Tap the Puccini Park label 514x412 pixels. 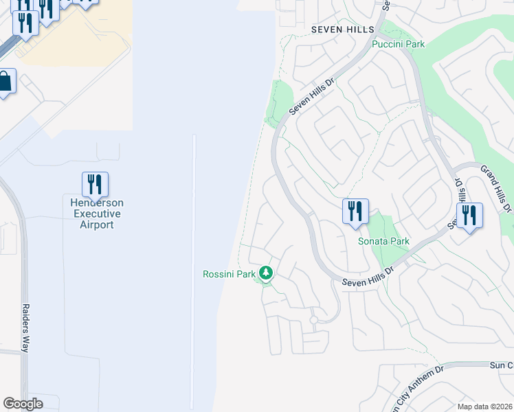(398, 44)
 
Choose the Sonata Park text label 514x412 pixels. (383, 241)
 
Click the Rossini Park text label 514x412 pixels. (229, 274)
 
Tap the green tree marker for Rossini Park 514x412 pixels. (266, 274)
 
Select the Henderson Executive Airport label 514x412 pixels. (96, 213)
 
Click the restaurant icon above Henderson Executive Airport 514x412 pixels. (95, 184)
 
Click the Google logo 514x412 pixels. (23, 404)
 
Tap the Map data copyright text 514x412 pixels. (484, 407)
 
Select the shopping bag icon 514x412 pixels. (4, 82)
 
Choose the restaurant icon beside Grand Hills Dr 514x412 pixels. (470, 216)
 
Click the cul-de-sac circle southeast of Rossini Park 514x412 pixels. (313, 320)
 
